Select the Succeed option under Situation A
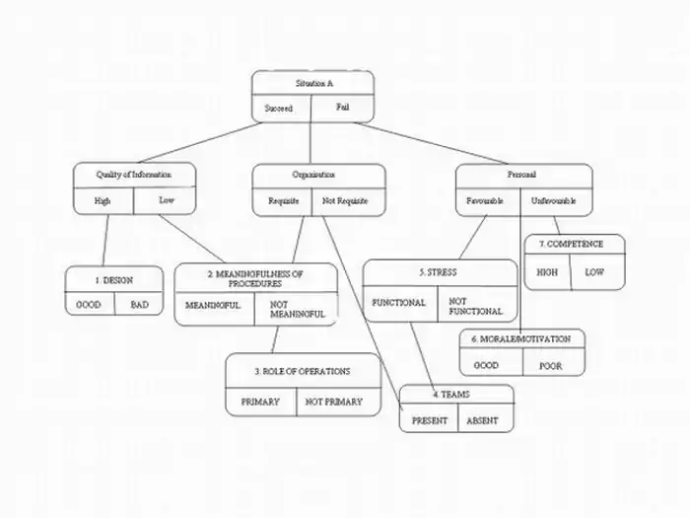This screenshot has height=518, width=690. tap(279, 108)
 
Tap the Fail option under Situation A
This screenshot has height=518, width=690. tap(341, 107)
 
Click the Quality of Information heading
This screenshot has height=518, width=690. tap(133, 175)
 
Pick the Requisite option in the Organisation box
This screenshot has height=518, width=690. tap(284, 201)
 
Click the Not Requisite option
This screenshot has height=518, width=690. tap(345, 201)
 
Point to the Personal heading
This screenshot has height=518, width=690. tap(521, 175)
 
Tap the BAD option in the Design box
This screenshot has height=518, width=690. tap(140, 305)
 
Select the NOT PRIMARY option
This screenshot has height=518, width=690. tap(334, 402)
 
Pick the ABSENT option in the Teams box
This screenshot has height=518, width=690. tap(483, 421)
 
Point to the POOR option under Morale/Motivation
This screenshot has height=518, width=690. tap(550, 365)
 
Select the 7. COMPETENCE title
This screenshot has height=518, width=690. tap(576, 244)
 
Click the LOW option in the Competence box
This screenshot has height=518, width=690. tap(594, 271)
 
